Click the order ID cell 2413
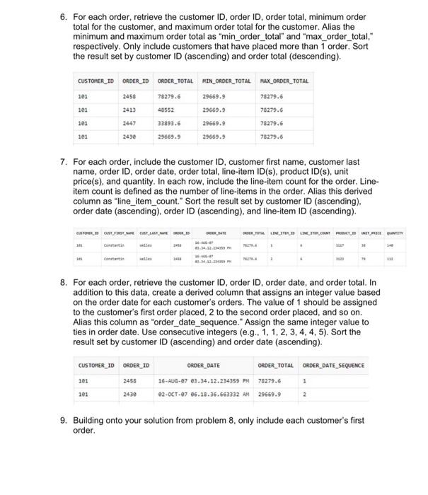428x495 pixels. tap(129, 110)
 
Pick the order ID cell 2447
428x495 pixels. tap(129, 122)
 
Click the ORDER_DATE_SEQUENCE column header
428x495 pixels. tap(334, 366)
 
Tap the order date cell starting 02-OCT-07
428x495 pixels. tap(199, 395)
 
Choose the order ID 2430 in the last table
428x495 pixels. tap(130, 395)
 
